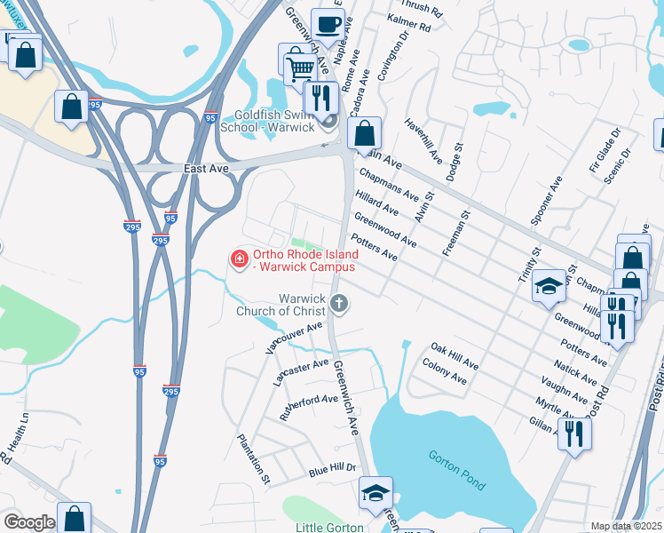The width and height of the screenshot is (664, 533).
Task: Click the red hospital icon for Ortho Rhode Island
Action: pos(238,259)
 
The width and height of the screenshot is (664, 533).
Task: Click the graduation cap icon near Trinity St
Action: pos(549,286)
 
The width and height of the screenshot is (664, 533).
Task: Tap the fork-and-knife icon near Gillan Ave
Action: pos(574,434)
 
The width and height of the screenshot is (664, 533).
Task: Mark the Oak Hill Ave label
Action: pos(455,358)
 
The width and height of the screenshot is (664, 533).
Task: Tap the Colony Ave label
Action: pos(444,371)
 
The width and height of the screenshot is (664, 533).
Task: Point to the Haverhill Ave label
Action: pos(423,143)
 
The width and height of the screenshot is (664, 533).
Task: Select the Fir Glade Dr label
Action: pos(604,148)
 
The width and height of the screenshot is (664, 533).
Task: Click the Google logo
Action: pos(28,522)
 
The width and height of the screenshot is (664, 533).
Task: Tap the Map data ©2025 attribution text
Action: pos(626,526)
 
